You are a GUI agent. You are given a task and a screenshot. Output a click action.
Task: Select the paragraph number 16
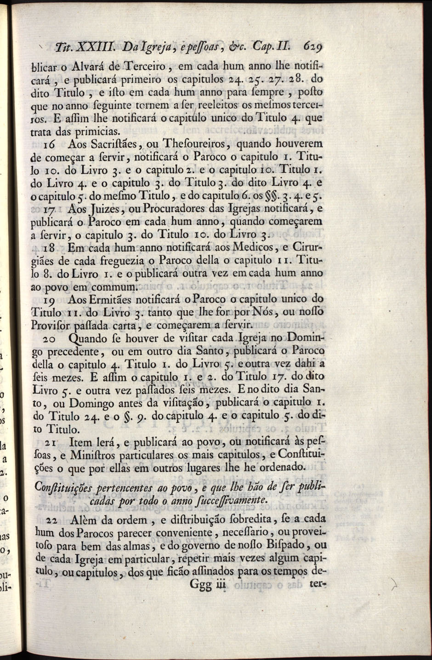51,144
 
